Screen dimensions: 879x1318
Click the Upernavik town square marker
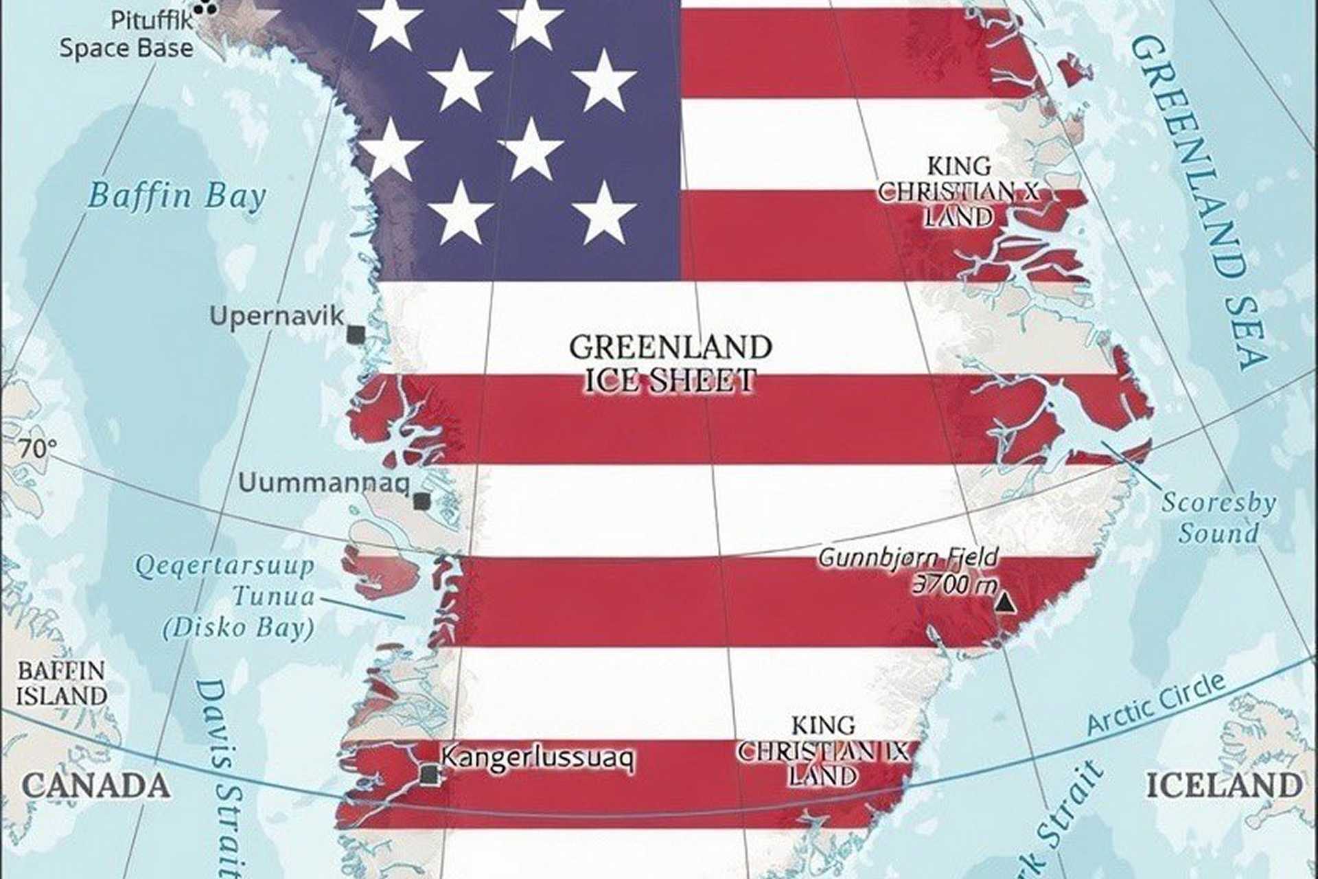pyautogui.click(x=356, y=335)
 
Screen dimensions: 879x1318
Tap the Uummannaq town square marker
pyautogui.click(x=422, y=501)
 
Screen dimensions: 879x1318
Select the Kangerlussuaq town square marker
pyautogui.click(x=430, y=775)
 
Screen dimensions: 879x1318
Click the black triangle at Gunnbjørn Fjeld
pyautogui.click(x=1005, y=603)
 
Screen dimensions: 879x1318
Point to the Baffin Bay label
pyautogui.click(x=176, y=196)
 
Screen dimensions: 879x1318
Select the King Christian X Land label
pyautogui.click(x=959, y=192)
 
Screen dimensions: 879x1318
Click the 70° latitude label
pyautogui.click(x=37, y=449)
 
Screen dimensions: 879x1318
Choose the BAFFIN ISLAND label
pyautogui.click(x=61, y=683)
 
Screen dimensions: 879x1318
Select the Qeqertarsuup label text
pyautogui.click(x=224, y=567)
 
